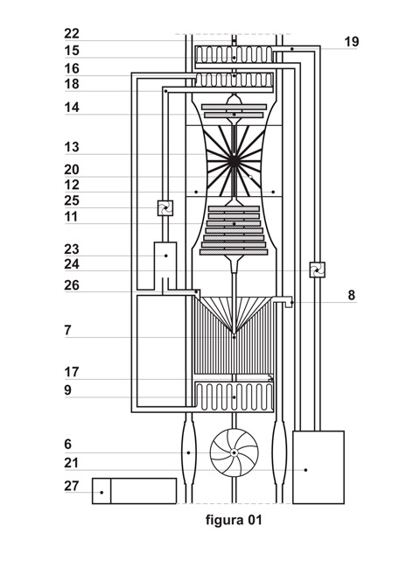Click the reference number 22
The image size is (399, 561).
pyautogui.click(x=71, y=33)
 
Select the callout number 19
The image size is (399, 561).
pyautogui.click(x=351, y=41)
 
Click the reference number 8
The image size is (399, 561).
pyautogui.click(x=351, y=295)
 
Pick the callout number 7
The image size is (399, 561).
pyautogui.click(x=67, y=330)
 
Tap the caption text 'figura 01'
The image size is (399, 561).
pyautogui.click(x=234, y=520)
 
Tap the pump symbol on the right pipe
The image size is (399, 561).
pyautogui.click(x=316, y=271)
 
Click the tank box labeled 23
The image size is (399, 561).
pyautogui.click(x=165, y=261)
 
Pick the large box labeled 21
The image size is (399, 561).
pyautogui.click(x=318, y=467)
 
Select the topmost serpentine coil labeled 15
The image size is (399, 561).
pyautogui.click(x=234, y=54)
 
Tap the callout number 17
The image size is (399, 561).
pyautogui.click(x=71, y=371)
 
